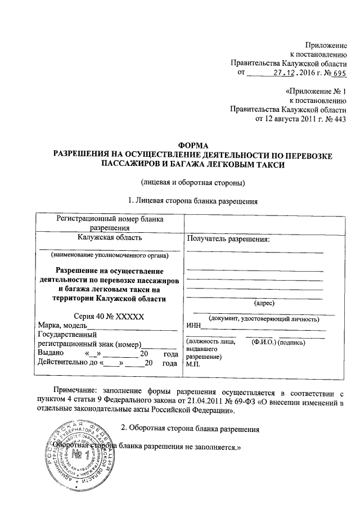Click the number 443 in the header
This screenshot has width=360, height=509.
tap(338, 119)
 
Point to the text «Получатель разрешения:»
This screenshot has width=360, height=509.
tap(228, 238)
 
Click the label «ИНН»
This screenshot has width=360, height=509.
tap(194, 327)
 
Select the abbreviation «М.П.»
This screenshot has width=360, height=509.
tap(194, 363)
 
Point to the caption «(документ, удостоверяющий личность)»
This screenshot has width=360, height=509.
tap(264, 319)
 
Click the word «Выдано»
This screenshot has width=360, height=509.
tap(52, 353)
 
